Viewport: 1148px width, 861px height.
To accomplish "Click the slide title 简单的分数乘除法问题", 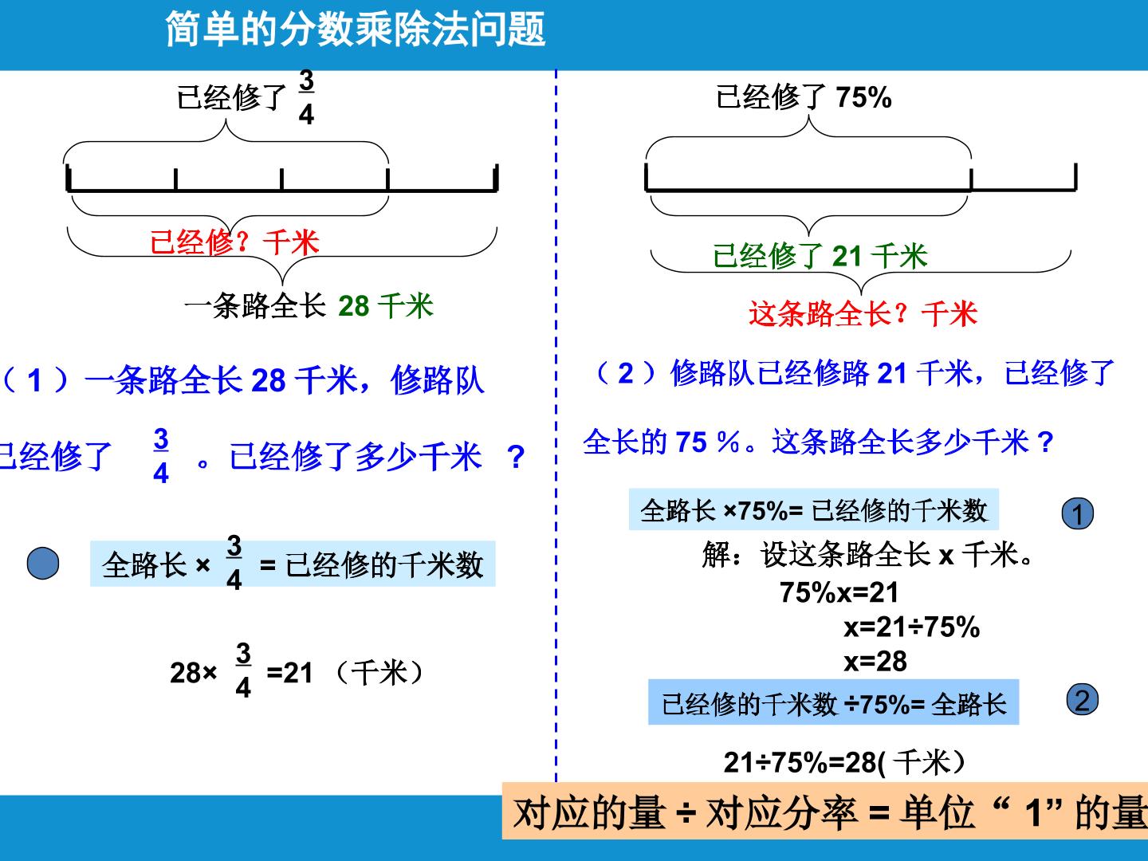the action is [x=356, y=29].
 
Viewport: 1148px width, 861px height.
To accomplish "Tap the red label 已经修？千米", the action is [x=234, y=242].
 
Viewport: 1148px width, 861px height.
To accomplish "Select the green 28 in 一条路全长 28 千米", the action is [x=353, y=306].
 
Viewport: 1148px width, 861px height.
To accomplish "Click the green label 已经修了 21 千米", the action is [x=820, y=256].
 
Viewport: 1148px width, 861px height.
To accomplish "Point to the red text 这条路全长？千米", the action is [x=863, y=313].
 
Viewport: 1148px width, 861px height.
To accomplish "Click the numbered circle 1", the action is [x=1077, y=513].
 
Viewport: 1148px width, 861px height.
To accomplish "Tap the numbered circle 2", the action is [x=1082, y=700].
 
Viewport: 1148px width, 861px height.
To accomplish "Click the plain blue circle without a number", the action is [x=43, y=563].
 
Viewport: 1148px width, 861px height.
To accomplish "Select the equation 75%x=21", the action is [x=839, y=593].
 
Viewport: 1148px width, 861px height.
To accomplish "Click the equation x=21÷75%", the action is [x=911, y=627].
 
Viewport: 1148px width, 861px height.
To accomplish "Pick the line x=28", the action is [x=875, y=662].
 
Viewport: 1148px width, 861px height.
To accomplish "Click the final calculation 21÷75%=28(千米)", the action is [x=844, y=762].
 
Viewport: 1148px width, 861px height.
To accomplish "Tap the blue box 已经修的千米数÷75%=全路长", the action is [x=834, y=702].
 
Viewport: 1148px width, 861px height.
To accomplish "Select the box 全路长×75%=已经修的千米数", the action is [x=814, y=509].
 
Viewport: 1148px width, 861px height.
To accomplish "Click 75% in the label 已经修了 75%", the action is [x=863, y=97].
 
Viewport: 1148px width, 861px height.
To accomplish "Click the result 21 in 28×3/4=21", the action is [x=297, y=673].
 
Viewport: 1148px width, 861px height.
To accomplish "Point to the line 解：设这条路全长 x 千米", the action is [x=867, y=554].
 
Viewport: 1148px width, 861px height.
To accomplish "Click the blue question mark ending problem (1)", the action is [x=517, y=457].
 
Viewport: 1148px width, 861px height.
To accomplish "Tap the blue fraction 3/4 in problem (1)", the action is [x=161, y=456].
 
